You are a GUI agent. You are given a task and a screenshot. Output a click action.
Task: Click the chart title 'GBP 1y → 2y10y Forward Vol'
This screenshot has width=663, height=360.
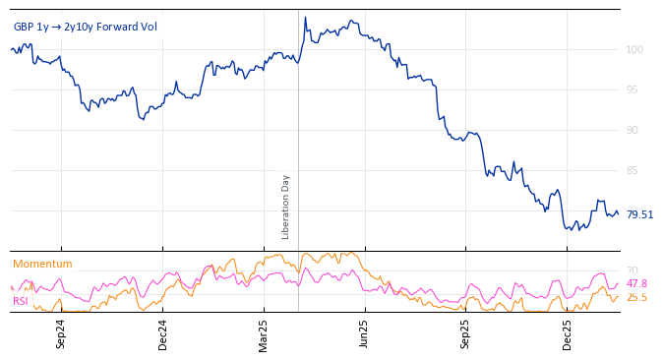85,27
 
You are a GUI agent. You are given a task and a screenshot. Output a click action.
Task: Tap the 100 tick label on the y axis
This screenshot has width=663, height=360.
634,49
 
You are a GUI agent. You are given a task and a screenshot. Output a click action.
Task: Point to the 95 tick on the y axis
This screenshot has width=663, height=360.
634,90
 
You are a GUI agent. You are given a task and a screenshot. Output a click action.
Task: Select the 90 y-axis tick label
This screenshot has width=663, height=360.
634,130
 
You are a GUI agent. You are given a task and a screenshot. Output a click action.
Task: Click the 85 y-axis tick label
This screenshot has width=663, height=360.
634,170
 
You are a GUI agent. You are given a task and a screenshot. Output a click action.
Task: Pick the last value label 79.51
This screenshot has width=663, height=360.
639,214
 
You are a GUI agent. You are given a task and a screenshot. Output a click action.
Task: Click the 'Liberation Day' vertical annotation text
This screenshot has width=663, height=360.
286,207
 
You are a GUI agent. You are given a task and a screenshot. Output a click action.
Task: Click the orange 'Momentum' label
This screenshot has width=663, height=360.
42,264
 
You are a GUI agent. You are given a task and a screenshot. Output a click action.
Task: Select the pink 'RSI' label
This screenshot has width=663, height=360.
20,301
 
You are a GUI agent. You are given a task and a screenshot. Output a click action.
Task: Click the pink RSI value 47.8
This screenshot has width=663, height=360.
636,283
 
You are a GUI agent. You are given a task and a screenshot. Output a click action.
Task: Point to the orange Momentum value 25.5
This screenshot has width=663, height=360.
636,297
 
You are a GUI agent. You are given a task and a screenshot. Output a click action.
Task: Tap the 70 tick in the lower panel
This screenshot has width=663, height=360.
633,270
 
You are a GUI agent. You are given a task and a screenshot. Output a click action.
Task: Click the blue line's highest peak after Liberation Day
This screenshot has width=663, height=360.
305,18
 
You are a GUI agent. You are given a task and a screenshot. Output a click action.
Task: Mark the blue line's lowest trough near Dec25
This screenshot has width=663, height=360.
570,230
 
